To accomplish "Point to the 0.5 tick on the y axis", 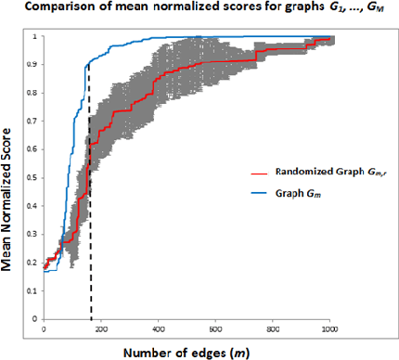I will [x=35, y=177].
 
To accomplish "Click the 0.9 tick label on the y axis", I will [x=35, y=65].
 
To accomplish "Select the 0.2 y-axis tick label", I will [x=35, y=262].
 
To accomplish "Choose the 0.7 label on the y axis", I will [x=35, y=122].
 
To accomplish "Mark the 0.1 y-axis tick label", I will [x=35, y=289].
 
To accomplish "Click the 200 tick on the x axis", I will [x=101, y=328].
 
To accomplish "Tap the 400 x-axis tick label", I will [x=159, y=328].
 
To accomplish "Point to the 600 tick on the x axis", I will [x=215, y=328].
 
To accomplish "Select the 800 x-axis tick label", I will [x=272, y=328].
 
